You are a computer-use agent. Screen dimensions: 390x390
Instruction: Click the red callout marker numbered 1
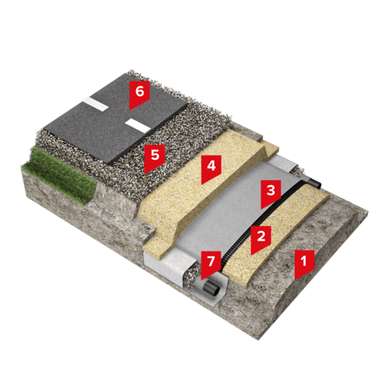tap(304, 263)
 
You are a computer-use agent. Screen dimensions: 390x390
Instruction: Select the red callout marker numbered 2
tap(261, 238)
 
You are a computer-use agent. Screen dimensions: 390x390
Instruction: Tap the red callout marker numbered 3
tap(271, 192)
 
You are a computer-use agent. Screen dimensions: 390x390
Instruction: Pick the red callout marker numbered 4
tap(211, 167)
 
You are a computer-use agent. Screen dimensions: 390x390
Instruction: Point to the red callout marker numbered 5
tap(155, 157)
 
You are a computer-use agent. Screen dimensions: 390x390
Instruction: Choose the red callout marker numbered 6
tap(140, 93)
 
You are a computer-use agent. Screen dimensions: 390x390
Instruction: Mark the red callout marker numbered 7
tap(211, 263)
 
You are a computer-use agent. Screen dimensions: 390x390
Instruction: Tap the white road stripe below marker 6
tap(138, 126)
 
